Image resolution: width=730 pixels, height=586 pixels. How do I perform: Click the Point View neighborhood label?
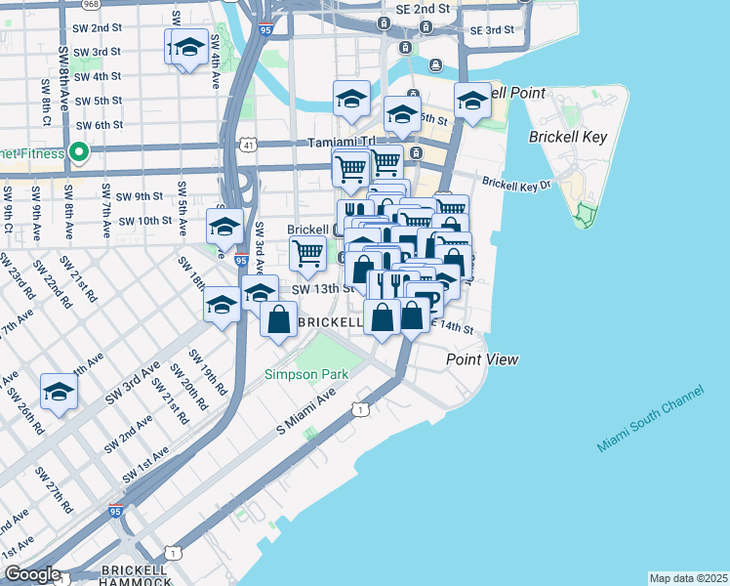482,359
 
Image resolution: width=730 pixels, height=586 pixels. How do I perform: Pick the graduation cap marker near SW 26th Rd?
59,393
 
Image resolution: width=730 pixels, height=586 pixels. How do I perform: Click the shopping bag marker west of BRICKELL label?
279,319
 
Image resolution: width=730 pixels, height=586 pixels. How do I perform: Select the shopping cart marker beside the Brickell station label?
308,253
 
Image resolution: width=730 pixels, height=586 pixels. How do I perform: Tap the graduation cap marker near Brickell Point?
472,101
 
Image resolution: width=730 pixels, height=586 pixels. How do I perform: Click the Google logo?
31,575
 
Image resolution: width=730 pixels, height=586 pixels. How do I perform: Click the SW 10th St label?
144,221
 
